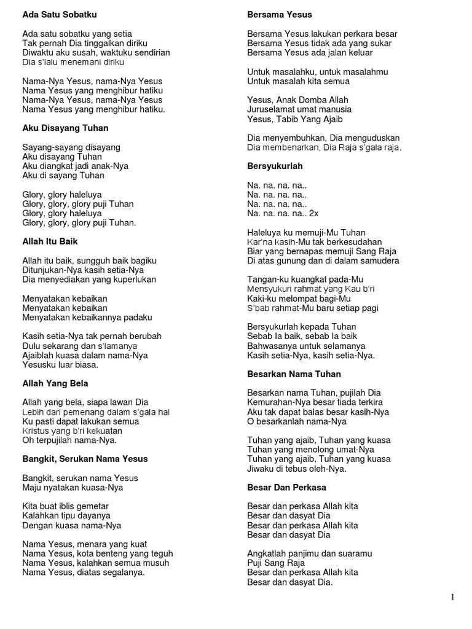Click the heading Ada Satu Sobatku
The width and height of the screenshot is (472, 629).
pyautogui.click(x=60, y=14)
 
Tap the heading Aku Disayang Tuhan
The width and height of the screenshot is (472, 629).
pyautogui.click(x=65, y=128)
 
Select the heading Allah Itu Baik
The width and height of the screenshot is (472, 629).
pyautogui.click(x=50, y=241)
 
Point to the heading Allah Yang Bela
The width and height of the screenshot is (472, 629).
pyautogui.click(x=55, y=383)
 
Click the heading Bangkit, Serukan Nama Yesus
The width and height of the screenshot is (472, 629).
pyautogui.click(x=85, y=459)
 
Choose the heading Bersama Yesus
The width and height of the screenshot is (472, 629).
pyautogui.click(x=279, y=14)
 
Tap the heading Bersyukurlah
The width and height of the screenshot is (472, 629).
pyautogui.click(x=275, y=166)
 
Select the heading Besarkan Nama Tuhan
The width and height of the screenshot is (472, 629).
pyautogui.click(x=294, y=373)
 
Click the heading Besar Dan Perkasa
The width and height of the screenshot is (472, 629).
pyautogui.click(x=287, y=487)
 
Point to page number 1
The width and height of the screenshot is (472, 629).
pyautogui.click(x=452, y=597)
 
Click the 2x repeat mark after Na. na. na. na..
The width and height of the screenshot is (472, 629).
pyautogui.click(x=313, y=213)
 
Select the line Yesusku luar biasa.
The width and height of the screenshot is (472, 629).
pyautogui.click(x=60, y=364)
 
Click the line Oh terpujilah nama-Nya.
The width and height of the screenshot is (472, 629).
pyautogui.click(x=69, y=440)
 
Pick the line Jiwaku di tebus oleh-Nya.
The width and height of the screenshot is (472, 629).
pyautogui.click(x=297, y=469)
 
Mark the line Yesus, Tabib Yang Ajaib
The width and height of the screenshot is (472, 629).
pyautogui.click(x=295, y=119)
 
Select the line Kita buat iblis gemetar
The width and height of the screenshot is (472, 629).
pyautogui.click(x=66, y=506)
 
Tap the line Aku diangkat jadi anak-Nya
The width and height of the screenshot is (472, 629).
pyautogui.click(x=75, y=166)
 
